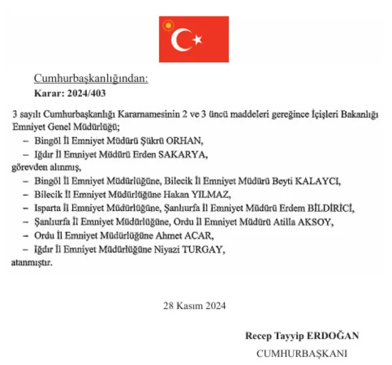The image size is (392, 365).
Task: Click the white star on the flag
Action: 198,40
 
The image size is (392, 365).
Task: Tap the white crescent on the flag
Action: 181,40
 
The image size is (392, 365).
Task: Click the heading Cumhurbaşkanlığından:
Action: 91,78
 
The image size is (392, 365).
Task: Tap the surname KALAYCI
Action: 317,182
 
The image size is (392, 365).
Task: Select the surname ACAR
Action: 202,235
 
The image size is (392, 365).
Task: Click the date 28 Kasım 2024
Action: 194,306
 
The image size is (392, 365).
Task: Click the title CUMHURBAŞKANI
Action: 302,353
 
